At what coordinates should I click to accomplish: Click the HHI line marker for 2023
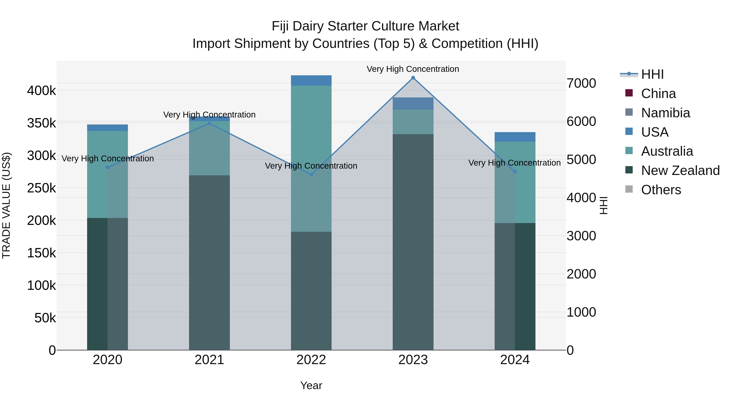pos(413,78)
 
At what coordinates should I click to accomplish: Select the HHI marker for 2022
pos(311,175)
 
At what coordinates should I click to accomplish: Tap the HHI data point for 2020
pos(108,167)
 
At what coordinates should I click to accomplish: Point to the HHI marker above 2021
pos(209,123)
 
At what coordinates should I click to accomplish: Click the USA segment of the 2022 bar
pos(311,81)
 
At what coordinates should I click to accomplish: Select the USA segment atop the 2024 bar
pos(515,137)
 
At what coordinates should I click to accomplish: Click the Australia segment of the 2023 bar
pos(413,122)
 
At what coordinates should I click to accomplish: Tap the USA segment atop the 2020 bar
pos(108,128)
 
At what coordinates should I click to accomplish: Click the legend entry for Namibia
pos(665,113)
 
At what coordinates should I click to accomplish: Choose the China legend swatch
pos(629,93)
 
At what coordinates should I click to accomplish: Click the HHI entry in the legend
pos(652,74)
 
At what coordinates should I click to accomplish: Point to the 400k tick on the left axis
pos(41,91)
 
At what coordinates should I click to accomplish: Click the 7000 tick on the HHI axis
pos(581,83)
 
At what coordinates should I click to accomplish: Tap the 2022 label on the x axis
pos(311,360)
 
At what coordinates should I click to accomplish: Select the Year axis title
pos(311,385)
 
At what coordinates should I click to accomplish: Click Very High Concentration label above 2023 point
pos(413,69)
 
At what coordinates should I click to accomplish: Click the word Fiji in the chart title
pos(280,26)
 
